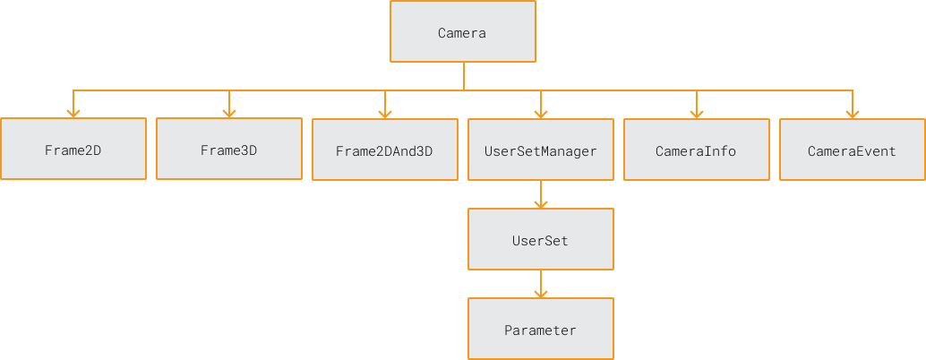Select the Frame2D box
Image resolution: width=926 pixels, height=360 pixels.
pos(73,150)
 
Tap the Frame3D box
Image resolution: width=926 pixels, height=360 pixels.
pos(228,150)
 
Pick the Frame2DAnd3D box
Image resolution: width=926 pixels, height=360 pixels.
pos(384,150)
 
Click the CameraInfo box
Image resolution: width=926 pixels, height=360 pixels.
pos(696,150)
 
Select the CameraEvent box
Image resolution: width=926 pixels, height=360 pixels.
pos(852,150)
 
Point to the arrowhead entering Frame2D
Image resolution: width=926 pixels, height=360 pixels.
pos(73,113)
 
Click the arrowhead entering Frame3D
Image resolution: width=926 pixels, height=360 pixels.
pos(229,113)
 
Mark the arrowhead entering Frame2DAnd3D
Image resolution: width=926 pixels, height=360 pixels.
pos(385,113)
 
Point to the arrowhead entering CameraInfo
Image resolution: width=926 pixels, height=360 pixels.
pos(696,113)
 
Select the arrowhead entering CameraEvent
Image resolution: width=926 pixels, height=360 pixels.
pos(852,113)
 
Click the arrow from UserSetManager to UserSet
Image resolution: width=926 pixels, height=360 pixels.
pos(540,193)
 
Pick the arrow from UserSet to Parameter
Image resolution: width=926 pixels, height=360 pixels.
pos(540,283)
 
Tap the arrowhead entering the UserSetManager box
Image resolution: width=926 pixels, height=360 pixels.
pos(540,113)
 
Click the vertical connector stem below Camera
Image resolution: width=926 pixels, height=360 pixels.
pos(463,76)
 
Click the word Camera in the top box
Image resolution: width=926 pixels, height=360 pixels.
pos(462,33)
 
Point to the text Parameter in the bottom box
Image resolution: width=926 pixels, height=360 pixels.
pos(540,330)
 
